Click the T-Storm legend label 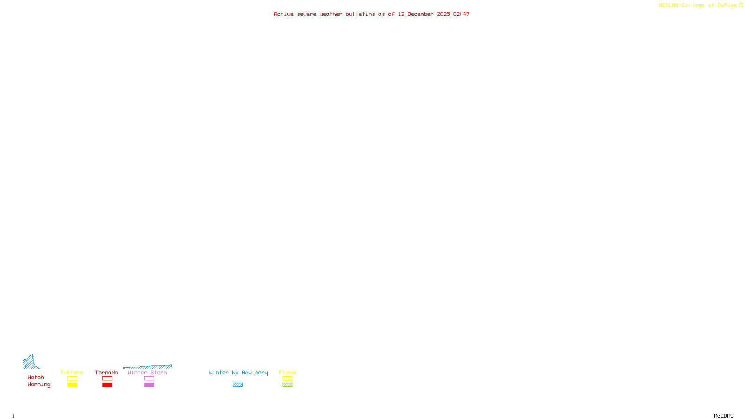click(x=72, y=372)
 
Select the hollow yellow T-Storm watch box click(x=72, y=378)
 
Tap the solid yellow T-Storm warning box click(x=72, y=385)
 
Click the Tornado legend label click(x=107, y=372)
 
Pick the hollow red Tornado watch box click(x=107, y=378)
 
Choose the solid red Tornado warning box click(x=107, y=385)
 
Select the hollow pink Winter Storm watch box click(x=149, y=378)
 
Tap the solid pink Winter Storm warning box click(x=149, y=385)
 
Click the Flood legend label click(x=287, y=372)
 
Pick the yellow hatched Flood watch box click(x=287, y=378)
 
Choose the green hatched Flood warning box click(x=287, y=385)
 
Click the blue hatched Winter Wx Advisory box click(x=237, y=385)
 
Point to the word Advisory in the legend click(x=255, y=372)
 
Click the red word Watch click(x=36, y=378)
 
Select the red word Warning click(x=39, y=385)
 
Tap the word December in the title click(x=420, y=14)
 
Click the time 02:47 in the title click(x=461, y=14)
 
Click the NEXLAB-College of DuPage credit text click(x=698, y=6)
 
